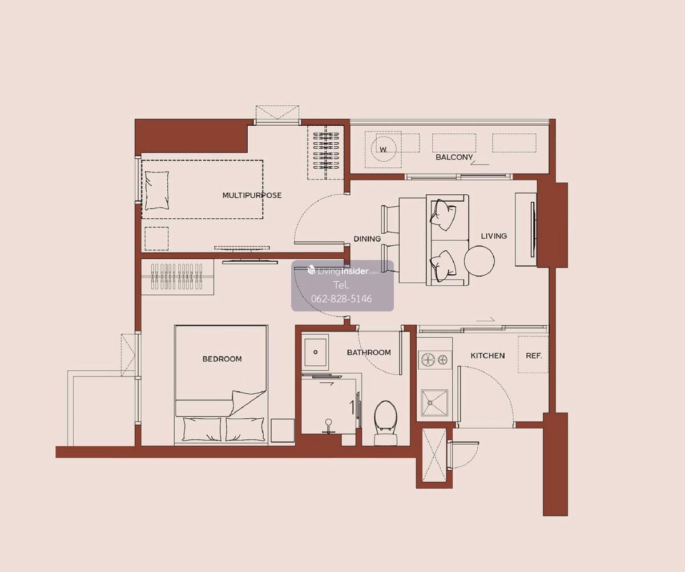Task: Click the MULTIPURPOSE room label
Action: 252,195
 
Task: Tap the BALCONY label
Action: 454,157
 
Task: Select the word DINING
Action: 367,239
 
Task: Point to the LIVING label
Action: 494,236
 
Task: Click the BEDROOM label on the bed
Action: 222,359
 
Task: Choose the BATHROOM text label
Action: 369,353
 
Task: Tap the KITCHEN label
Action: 487,355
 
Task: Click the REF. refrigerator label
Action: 534,355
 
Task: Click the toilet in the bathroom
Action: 385,423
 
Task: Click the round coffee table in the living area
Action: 479,261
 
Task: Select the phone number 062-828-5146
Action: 341,299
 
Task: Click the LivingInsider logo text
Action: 342,271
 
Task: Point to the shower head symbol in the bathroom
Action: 328,426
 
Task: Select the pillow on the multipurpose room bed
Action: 157,190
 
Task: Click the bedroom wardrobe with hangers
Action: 177,277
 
